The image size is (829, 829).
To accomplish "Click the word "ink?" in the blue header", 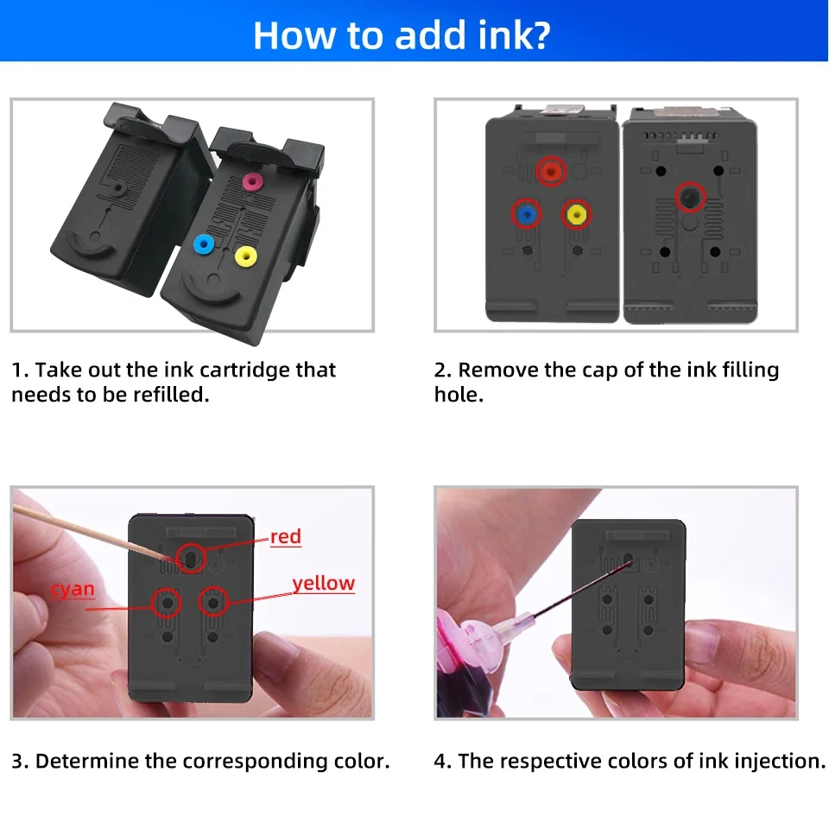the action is pyautogui.click(x=514, y=35).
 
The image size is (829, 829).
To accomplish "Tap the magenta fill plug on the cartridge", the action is pyautogui.click(x=253, y=182).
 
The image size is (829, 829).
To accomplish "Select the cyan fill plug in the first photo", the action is pyautogui.click(x=204, y=244).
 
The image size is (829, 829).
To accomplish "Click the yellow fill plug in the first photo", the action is pyautogui.click(x=246, y=257).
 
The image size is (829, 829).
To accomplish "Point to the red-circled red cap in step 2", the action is pyautogui.click(x=551, y=171).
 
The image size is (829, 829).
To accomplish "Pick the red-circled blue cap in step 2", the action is pyautogui.click(x=526, y=214).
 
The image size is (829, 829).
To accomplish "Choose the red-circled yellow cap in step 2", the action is pyautogui.click(x=576, y=214).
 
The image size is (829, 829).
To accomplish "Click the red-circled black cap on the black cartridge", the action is pyautogui.click(x=690, y=197).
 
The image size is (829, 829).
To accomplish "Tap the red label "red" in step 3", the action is pyautogui.click(x=286, y=536).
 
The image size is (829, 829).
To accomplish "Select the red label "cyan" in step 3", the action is pyautogui.click(x=73, y=589).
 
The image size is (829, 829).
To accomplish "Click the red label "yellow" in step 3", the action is pyautogui.click(x=324, y=583).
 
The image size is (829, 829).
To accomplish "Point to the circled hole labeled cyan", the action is pyautogui.click(x=166, y=603).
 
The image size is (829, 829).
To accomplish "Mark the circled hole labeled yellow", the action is pyautogui.click(x=213, y=602).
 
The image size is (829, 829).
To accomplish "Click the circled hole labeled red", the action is pyautogui.click(x=190, y=558).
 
